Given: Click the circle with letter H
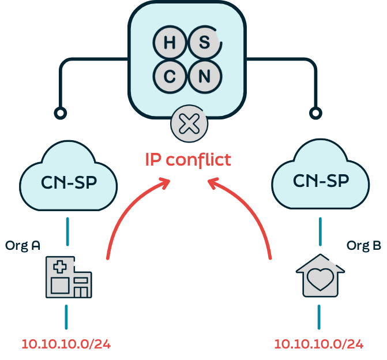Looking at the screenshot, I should pos(170,42).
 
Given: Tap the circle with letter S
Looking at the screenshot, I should pos(203,42).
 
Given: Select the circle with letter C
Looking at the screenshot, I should pos(170,76).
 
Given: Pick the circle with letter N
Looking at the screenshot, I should pos(203,76).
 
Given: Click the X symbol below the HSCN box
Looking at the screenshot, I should pos(186,124).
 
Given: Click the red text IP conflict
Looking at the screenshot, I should pos(188,159).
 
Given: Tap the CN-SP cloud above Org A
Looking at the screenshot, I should pos(69,182).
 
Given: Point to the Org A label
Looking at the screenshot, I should pos(22,245).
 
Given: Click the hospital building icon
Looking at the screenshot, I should pos(68,278).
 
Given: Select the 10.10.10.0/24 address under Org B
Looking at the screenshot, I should pos(319,344).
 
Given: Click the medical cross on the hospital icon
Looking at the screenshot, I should pos(59,267).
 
